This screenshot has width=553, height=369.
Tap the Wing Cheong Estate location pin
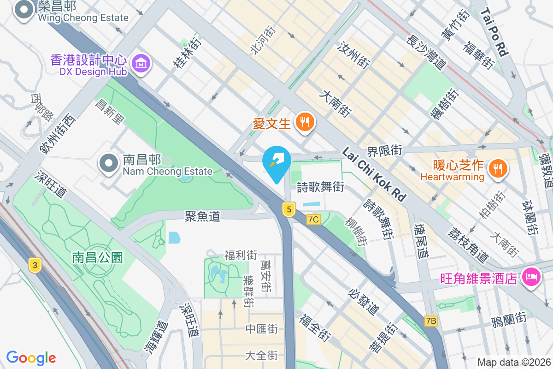pos(23,11)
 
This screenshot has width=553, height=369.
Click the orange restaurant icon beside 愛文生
pos(305,122)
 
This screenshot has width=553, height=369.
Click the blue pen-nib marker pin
pos(276,162)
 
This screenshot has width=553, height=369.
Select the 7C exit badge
pos(313,220)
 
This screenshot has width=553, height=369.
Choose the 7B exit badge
pos(431,321)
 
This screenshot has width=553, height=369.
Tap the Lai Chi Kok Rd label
pos(374,174)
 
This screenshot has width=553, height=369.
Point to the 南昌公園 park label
pos(98,257)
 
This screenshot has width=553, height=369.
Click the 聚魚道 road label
pos(202,216)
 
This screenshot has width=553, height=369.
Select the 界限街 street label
pos(384,151)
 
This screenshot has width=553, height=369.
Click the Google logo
pos(31,357)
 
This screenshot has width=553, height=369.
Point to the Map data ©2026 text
pos(513,362)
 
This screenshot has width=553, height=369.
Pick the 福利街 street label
pos(241,255)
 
